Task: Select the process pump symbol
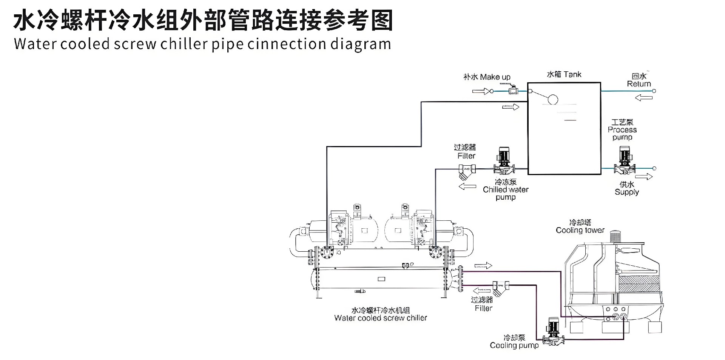(x=625, y=161)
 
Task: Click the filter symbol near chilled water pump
(x=466, y=171)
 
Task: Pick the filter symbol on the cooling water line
(x=501, y=289)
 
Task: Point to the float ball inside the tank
(x=552, y=100)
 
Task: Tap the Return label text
(x=639, y=84)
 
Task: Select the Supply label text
(x=626, y=192)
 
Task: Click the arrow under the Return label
(x=644, y=98)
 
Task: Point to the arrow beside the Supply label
(x=644, y=177)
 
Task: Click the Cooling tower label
(x=580, y=230)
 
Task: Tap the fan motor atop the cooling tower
(x=616, y=236)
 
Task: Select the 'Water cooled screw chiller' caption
(x=380, y=318)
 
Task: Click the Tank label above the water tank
(x=564, y=74)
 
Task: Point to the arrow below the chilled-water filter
(x=467, y=186)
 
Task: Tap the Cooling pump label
(x=514, y=345)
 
